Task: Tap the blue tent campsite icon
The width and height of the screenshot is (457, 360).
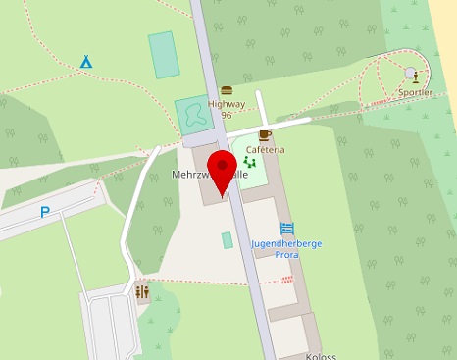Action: tap(86, 62)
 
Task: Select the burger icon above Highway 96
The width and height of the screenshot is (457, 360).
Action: tap(227, 90)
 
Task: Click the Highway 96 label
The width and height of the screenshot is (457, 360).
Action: tap(227, 108)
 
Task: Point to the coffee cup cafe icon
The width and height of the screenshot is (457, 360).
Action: tap(264, 134)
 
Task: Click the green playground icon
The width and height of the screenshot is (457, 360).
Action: tap(250, 162)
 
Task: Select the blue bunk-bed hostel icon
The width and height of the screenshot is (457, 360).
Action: tap(287, 229)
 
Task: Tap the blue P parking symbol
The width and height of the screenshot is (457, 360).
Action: tap(45, 212)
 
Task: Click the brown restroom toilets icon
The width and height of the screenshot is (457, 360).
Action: tap(142, 291)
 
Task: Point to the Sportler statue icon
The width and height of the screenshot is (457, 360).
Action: tap(415, 75)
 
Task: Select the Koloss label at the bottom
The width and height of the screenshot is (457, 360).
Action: tap(322, 355)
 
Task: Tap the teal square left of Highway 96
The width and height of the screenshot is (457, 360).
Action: tap(193, 115)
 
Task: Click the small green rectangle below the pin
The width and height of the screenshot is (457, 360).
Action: tap(228, 240)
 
